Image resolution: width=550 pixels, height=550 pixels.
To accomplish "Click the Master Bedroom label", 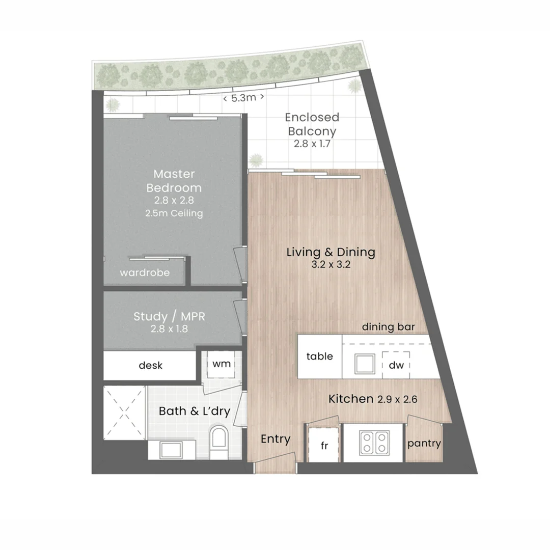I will tap(174, 181).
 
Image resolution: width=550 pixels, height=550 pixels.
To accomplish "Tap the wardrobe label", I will tap(145, 273).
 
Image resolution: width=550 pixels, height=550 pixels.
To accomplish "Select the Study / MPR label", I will tap(169, 316).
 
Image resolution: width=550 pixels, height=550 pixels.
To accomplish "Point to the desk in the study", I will tap(150, 366).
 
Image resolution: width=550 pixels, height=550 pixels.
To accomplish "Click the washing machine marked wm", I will tap(221, 364).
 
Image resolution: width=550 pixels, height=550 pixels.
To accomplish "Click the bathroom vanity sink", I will tap(169, 450).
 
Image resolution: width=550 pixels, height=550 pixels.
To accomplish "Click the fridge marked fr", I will tap(323, 445).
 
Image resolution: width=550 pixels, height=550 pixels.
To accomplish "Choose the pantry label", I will tap(424, 444).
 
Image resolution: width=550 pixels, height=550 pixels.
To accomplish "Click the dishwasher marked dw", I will tap(396, 365).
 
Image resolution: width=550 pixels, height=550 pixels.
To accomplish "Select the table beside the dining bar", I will tap(319, 356).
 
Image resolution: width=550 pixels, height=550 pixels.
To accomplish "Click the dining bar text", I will tap(388, 327).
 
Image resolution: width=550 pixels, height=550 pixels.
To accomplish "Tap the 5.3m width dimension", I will tap(243, 98).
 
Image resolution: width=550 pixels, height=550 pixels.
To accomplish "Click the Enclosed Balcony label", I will tap(312, 124).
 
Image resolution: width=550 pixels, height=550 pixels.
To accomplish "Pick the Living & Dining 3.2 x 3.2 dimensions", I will tap(331, 265).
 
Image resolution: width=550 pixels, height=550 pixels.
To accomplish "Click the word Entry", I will tap(276, 439).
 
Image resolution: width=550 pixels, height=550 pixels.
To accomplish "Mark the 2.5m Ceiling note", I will tap(174, 213).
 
